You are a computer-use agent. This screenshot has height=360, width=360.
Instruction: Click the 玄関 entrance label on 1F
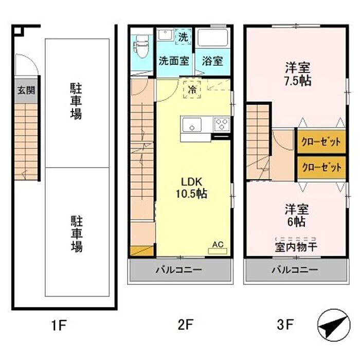(x=26, y=90)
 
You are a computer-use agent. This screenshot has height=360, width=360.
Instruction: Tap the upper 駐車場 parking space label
(x=76, y=101)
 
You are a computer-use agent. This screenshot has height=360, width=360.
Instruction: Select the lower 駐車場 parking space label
(x=76, y=233)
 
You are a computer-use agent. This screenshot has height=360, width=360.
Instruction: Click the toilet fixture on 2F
(x=141, y=47)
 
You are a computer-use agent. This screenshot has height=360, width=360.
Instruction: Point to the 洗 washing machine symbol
(x=183, y=37)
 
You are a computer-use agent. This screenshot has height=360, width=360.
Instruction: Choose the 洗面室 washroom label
(x=174, y=61)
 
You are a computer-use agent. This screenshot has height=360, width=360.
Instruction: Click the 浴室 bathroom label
(x=212, y=61)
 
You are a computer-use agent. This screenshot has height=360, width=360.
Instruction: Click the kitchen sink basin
(x=192, y=124)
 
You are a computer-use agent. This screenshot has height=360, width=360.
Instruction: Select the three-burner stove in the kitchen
(x=222, y=124)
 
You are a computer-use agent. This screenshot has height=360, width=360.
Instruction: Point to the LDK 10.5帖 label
(x=191, y=188)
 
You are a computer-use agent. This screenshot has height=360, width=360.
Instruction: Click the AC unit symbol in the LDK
(x=218, y=248)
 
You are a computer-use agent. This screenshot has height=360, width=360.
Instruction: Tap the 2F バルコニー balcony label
(x=179, y=270)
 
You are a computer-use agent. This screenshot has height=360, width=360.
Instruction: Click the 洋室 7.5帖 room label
(x=298, y=74)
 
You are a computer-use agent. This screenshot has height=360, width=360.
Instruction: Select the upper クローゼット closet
(x=321, y=141)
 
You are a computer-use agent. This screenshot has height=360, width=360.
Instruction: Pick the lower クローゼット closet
(x=321, y=167)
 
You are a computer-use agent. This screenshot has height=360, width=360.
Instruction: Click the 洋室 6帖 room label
(x=297, y=215)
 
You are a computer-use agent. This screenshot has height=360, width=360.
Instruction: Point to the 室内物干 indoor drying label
(x=296, y=247)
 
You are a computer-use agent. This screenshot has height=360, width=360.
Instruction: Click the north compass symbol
(x=334, y=325)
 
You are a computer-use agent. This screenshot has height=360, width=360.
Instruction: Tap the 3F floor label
(x=285, y=325)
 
